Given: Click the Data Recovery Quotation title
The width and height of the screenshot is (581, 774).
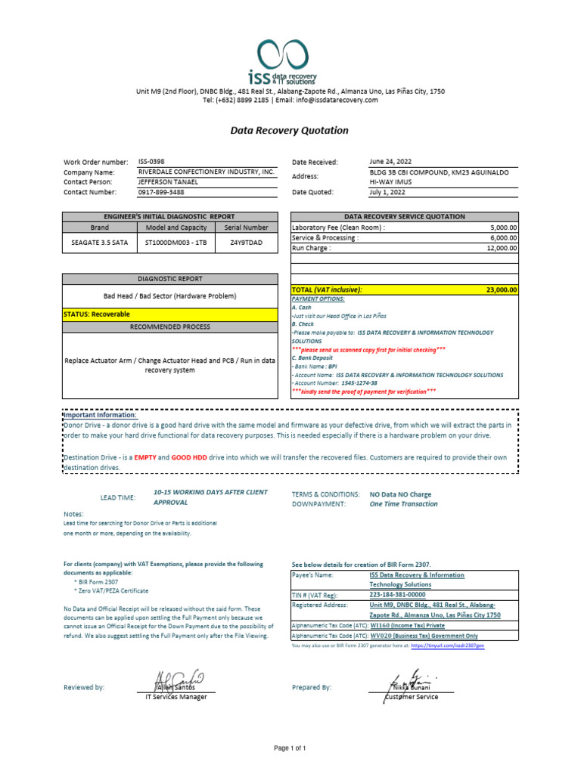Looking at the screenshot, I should [x=290, y=130].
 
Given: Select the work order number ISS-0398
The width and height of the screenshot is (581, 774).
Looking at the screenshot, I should [x=151, y=162].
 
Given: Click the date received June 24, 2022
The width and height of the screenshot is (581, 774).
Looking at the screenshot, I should [x=391, y=162].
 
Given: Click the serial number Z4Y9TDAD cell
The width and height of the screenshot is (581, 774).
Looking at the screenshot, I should [x=246, y=242].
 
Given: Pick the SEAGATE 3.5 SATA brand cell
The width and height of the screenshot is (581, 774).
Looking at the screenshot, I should [x=99, y=242].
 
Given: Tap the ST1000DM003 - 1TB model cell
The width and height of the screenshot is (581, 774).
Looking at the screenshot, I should [x=176, y=242].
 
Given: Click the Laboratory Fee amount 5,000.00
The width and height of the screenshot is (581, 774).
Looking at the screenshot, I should [x=503, y=227].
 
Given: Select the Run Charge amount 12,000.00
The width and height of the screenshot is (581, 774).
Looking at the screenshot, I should [x=501, y=248].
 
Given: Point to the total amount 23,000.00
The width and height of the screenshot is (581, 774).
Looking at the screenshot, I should [x=501, y=289].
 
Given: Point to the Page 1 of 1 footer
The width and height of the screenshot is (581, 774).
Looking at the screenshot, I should [x=290, y=748].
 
